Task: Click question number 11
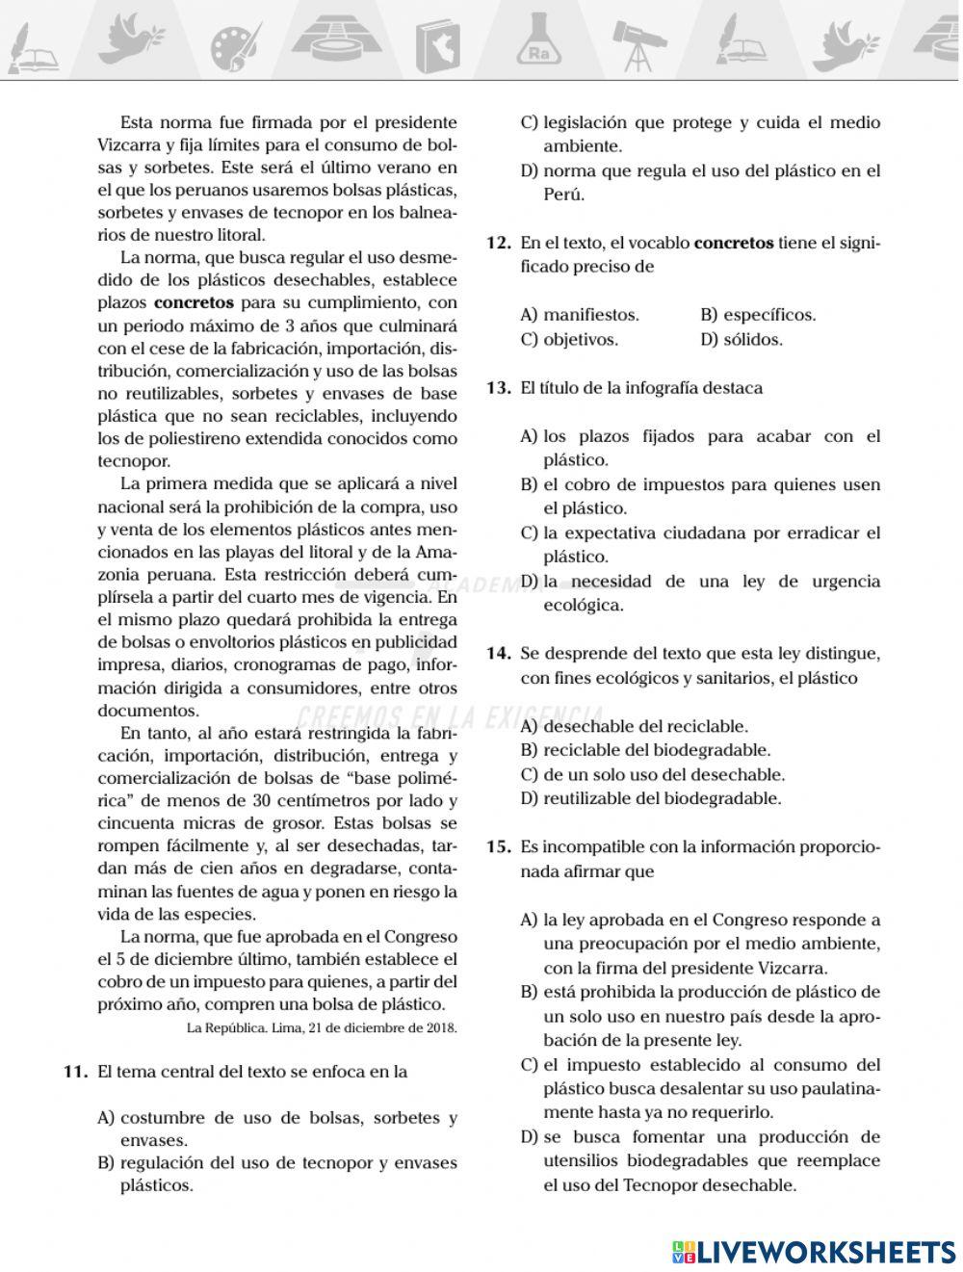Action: coord(76,1071)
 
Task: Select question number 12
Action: coord(498,243)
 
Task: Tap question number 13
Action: coord(498,388)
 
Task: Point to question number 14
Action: coord(498,654)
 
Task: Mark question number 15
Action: coord(498,847)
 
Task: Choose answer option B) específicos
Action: coord(758,315)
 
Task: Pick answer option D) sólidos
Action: coord(742,339)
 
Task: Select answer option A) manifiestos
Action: coord(580,315)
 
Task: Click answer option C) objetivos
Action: coord(569,339)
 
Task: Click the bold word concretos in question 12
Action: coord(733,243)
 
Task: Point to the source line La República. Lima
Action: coord(322,1027)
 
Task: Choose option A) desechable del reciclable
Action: coord(635,726)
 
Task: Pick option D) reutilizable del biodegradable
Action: coord(651,798)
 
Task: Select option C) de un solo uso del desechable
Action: coord(653,774)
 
